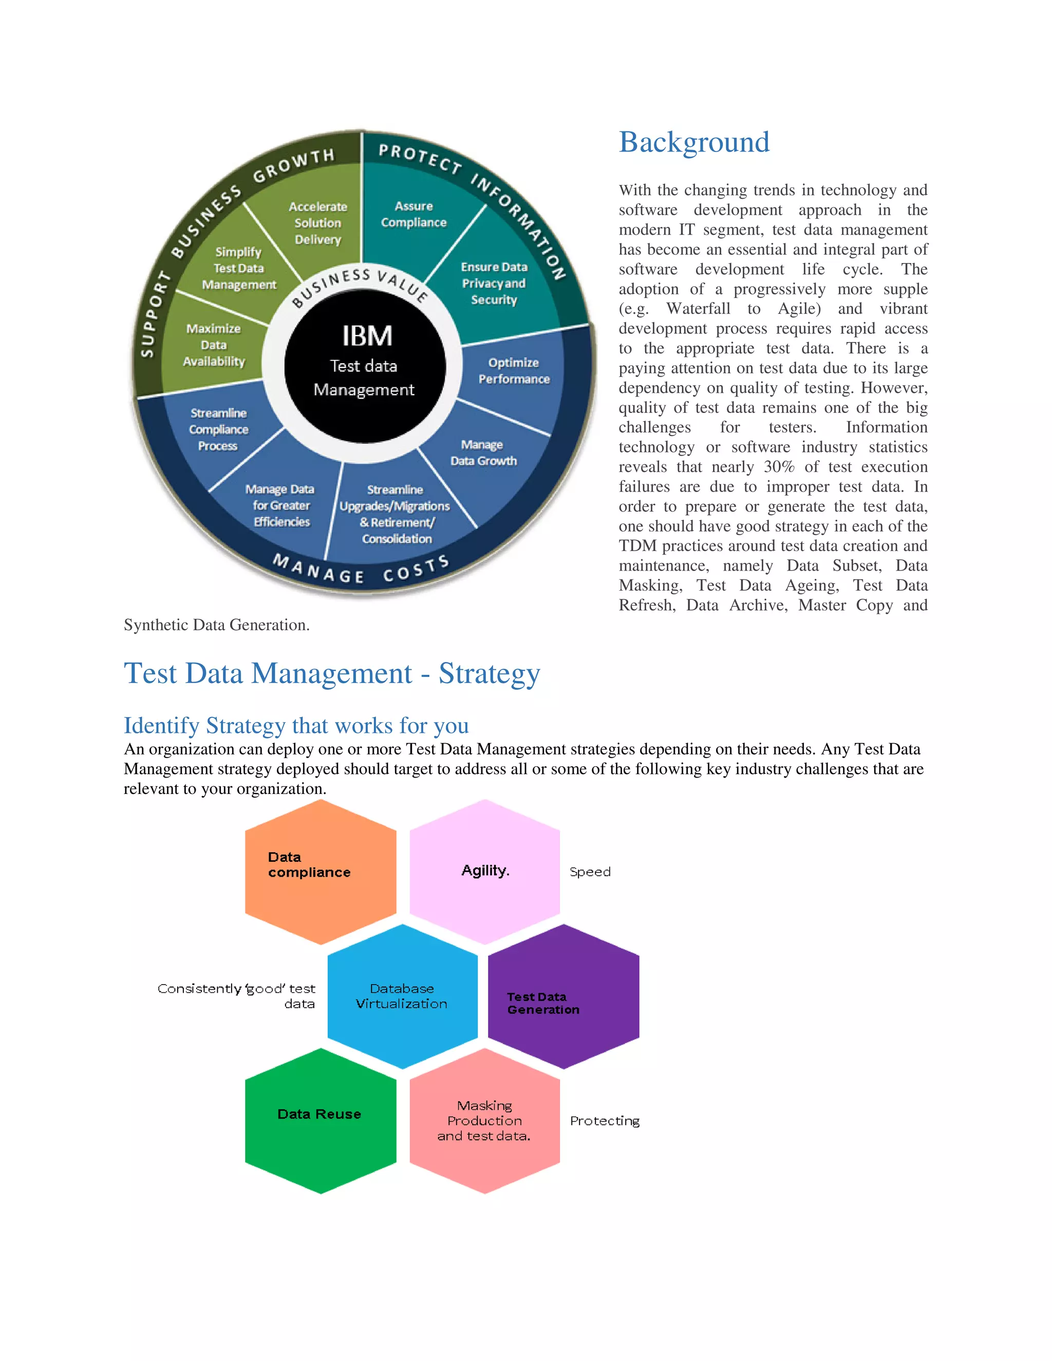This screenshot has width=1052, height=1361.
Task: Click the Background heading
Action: (693, 142)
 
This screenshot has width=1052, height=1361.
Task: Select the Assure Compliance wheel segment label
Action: (413, 214)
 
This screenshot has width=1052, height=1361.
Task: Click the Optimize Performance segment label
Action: (514, 371)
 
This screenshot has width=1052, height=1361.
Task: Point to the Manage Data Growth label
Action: (483, 452)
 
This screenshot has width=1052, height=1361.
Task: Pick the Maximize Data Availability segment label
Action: (214, 345)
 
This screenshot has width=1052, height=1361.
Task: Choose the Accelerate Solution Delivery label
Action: (318, 222)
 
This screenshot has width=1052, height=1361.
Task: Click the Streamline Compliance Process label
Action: (218, 429)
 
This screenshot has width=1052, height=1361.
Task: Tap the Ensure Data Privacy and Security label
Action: (494, 283)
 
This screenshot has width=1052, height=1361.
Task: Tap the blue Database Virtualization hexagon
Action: (402, 996)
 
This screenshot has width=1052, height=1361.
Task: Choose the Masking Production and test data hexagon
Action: (484, 1121)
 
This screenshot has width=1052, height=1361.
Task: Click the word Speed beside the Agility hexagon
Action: (590, 872)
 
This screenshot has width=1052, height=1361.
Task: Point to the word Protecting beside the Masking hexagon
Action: (605, 1121)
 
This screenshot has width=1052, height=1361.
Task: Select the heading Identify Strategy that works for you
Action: (296, 725)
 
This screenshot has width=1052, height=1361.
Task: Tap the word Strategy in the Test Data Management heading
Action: (489, 674)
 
